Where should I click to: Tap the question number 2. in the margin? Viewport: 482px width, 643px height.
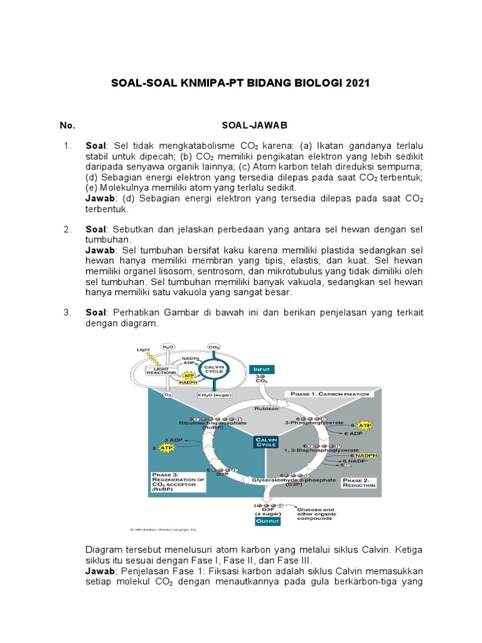tap(68, 229)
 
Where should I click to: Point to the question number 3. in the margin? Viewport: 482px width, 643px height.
tap(68, 313)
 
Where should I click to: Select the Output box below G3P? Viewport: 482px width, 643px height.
tap(268, 521)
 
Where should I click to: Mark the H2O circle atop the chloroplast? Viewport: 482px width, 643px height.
tap(168, 347)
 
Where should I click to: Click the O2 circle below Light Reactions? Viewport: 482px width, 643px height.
tap(168, 395)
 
